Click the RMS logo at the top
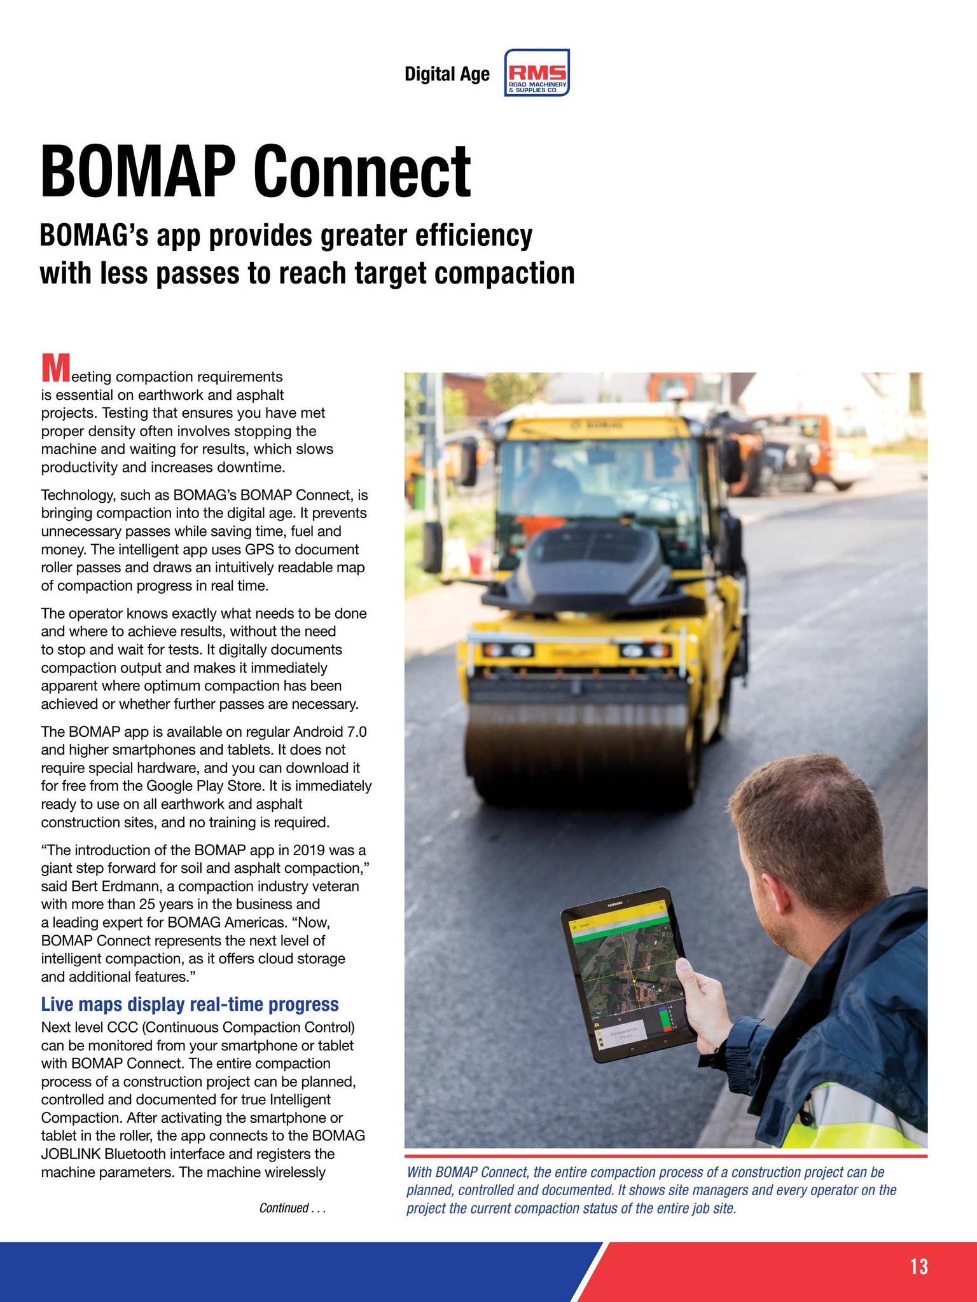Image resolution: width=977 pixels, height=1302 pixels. (x=537, y=73)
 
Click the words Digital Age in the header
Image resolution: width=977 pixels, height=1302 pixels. (x=447, y=74)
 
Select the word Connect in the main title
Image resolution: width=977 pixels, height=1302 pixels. (x=363, y=172)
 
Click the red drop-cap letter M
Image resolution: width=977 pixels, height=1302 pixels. (x=55, y=369)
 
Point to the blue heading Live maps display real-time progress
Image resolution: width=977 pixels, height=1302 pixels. (x=190, y=1004)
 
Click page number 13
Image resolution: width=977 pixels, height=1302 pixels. (x=918, y=1267)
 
